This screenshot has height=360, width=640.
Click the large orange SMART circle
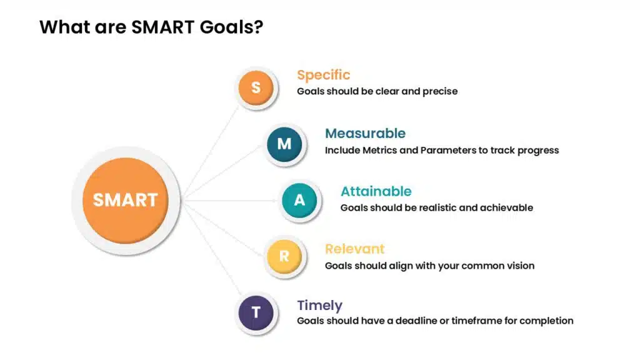tap(125, 201)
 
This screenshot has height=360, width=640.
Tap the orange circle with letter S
tap(256, 87)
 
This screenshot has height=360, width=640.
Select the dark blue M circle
tap(284, 144)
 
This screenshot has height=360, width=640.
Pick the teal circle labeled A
tap(299, 200)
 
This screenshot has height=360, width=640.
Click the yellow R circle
tap(284, 256)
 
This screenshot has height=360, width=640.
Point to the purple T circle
tap(256, 312)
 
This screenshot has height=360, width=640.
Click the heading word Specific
tap(323, 75)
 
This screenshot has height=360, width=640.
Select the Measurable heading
tap(365, 133)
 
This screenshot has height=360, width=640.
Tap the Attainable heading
tap(376, 191)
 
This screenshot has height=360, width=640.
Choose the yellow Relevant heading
tap(355, 249)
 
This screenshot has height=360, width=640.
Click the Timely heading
tap(319, 306)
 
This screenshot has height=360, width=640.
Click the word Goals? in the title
tap(231, 27)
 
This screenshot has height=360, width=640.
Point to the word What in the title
tap(64, 27)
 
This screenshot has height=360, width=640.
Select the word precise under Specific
tap(440, 91)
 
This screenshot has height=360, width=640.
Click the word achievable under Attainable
tap(506, 207)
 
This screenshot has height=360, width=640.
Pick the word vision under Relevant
tap(521, 266)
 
